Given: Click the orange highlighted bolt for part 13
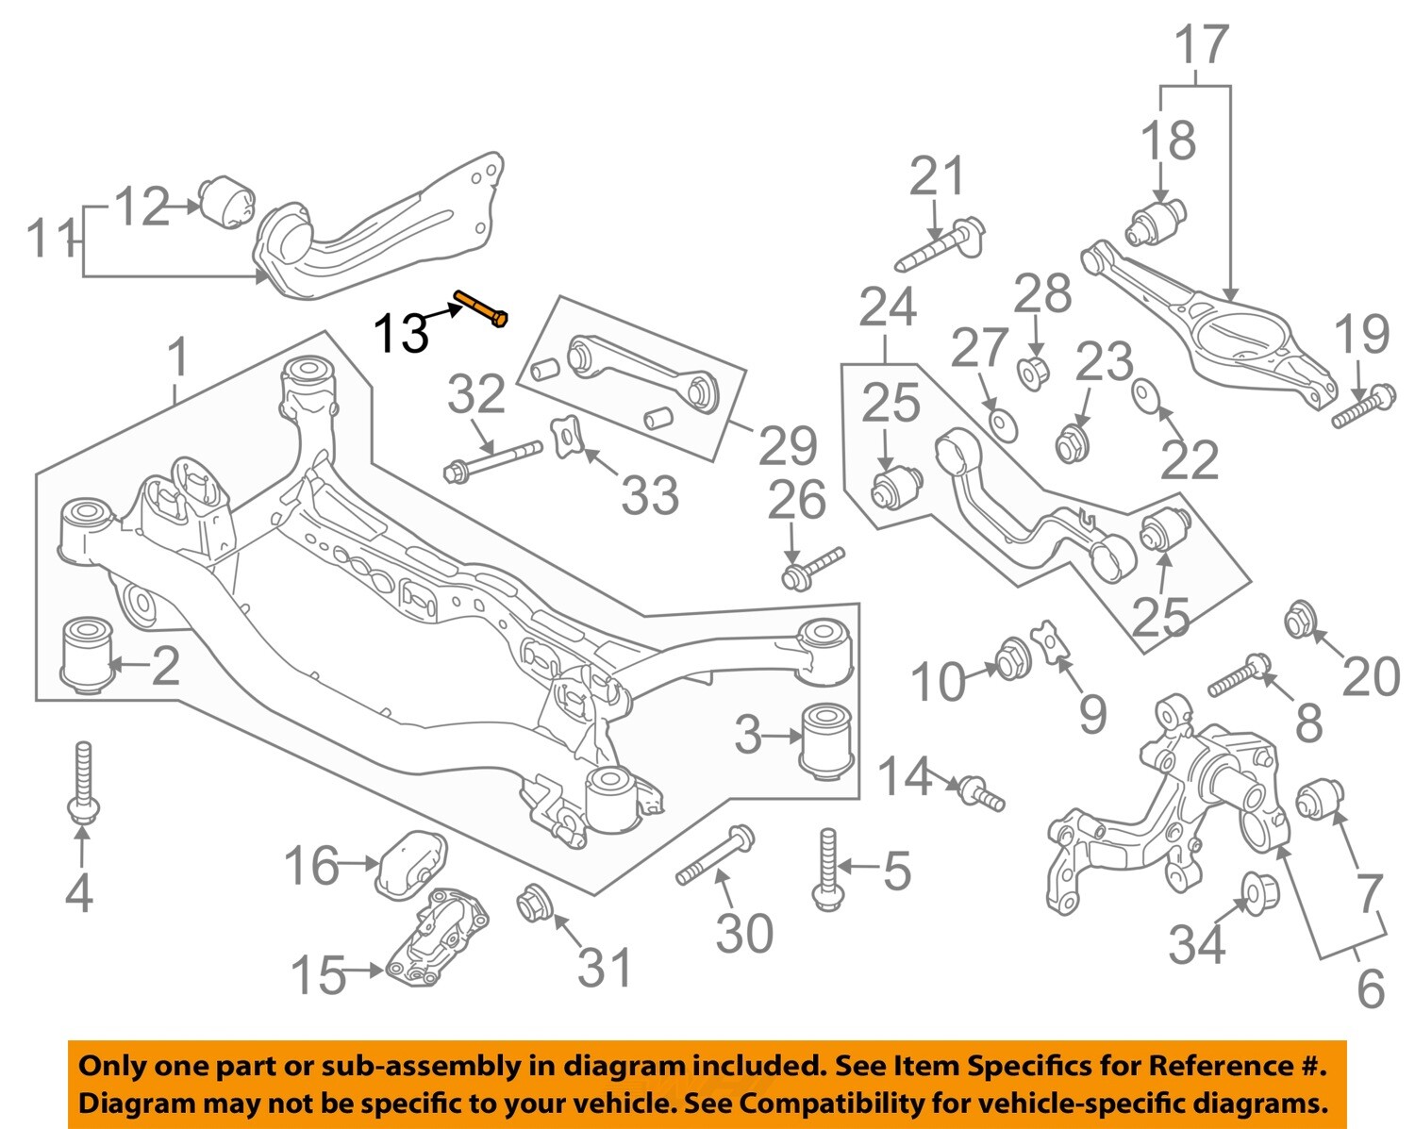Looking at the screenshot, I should click(481, 309).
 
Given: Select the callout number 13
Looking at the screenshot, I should click(402, 333).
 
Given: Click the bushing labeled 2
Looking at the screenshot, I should click(87, 655).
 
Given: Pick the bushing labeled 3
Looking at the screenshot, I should click(827, 740).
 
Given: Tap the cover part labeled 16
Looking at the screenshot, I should click(411, 861).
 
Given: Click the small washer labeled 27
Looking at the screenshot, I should click(1001, 423).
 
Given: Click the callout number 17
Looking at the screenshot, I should click(1202, 45).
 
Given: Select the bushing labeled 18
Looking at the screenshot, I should click(1156, 223).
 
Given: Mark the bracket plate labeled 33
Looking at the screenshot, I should click(568, 438).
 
